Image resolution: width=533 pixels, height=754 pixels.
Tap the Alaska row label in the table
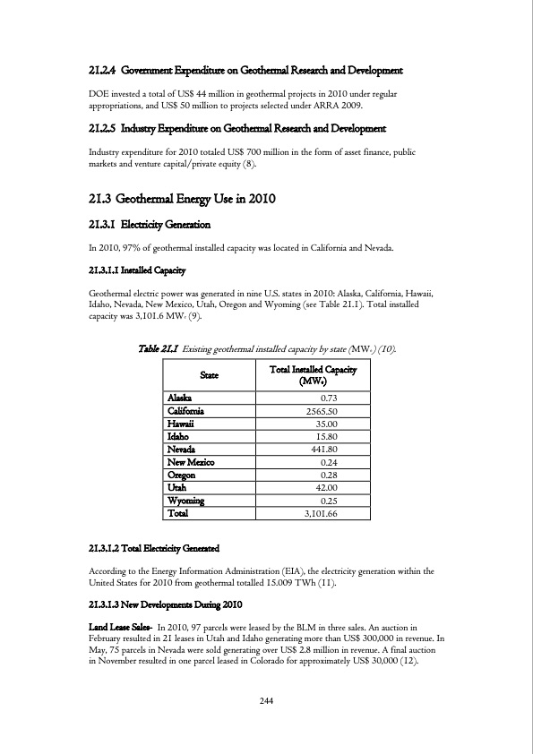coord(178,398)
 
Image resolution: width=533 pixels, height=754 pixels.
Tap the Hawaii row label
coord(180,424)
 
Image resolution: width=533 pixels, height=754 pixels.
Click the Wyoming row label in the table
coord(185,501)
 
